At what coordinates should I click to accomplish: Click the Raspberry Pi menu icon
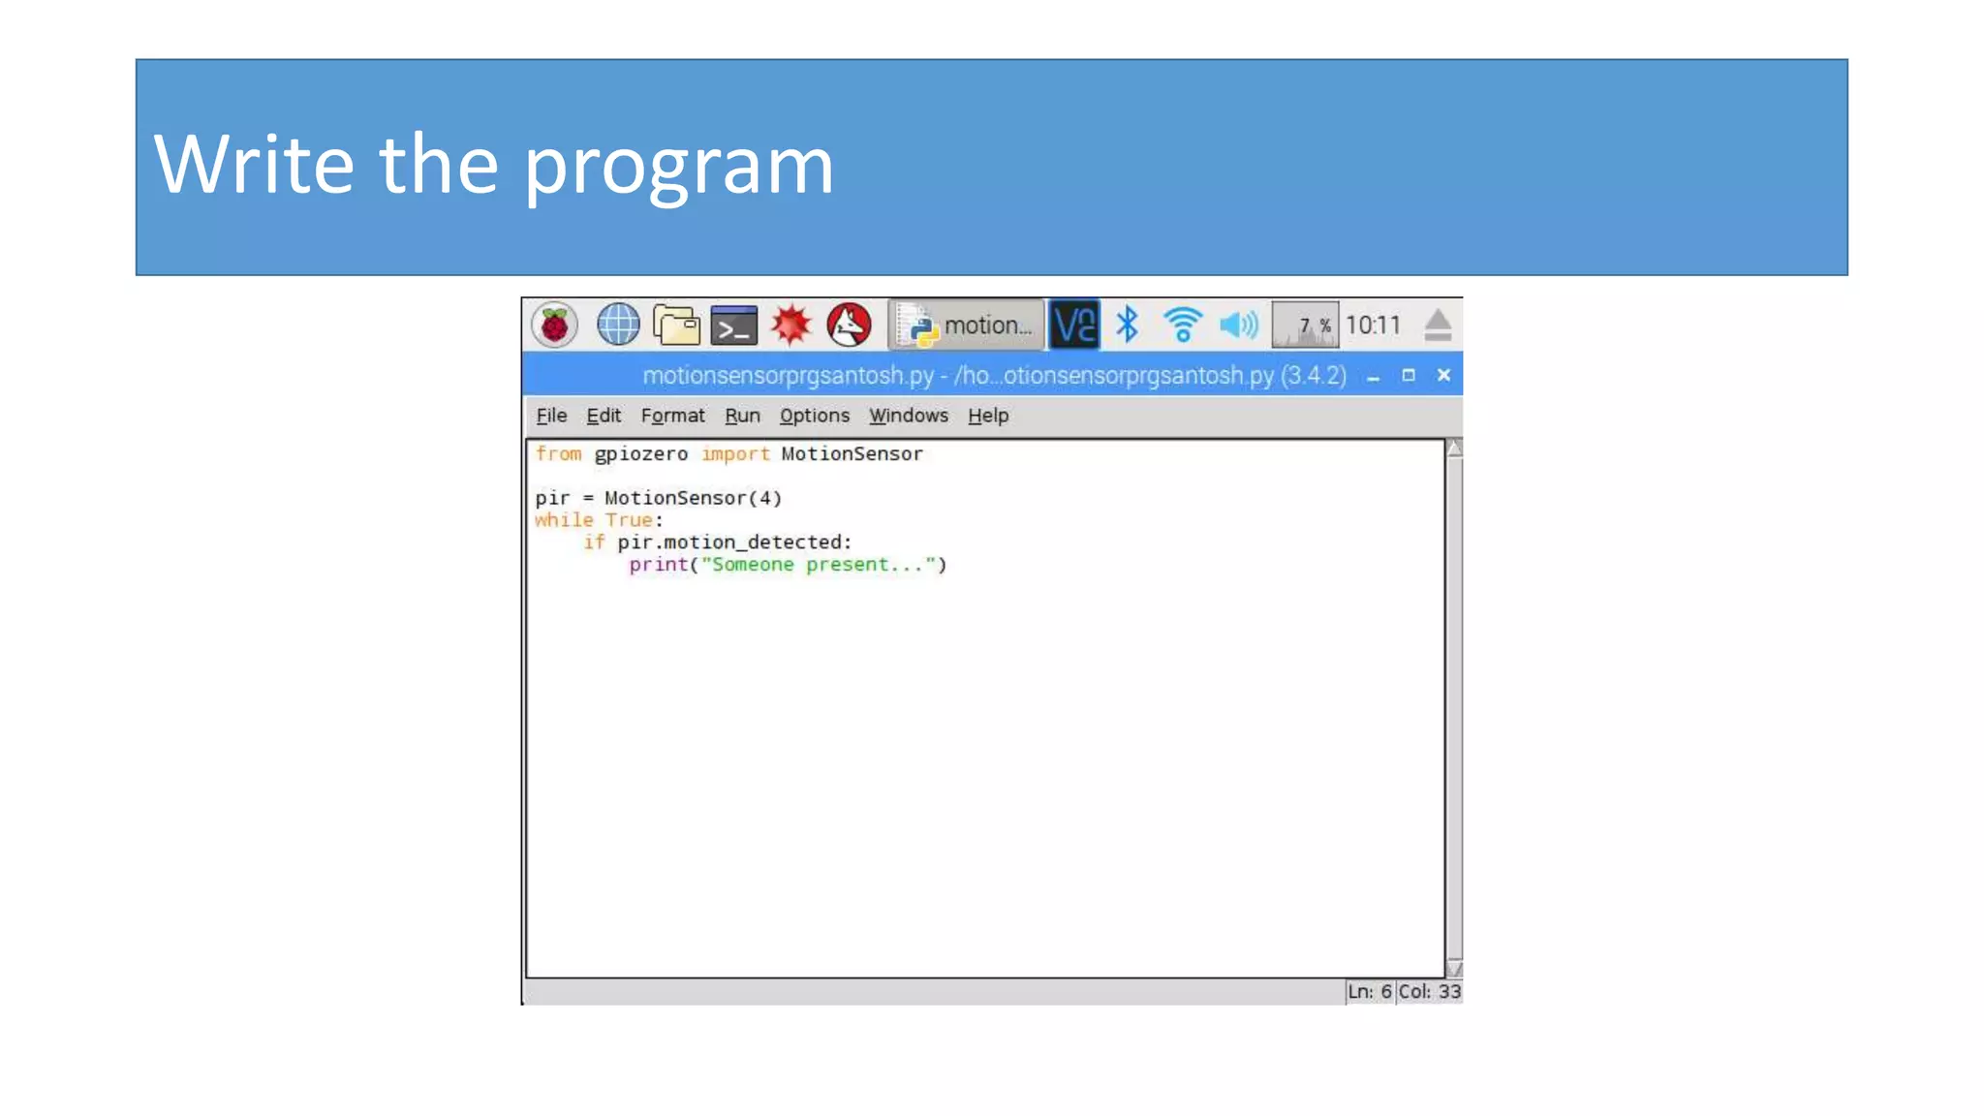554,325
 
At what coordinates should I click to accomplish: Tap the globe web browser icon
617,325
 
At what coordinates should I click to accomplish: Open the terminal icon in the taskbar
733,326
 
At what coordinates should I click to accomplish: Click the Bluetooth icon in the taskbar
1127,325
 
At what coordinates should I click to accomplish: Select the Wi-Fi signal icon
1182,325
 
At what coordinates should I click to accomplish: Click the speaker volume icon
1238,325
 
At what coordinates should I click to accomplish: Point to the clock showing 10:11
1373,325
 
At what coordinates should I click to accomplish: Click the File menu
551,416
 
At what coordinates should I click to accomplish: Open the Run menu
742,416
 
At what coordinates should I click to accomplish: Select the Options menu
814,416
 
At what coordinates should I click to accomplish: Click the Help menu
987,416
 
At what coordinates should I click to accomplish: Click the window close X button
1443,375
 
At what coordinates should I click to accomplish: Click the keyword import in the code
735,454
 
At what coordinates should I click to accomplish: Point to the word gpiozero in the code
640,454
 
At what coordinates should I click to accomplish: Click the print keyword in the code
658,565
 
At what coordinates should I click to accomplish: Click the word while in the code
563,520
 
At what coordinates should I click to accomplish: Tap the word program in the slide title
678,165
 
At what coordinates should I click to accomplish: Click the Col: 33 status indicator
1429,991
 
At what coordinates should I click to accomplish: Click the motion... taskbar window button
966,325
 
